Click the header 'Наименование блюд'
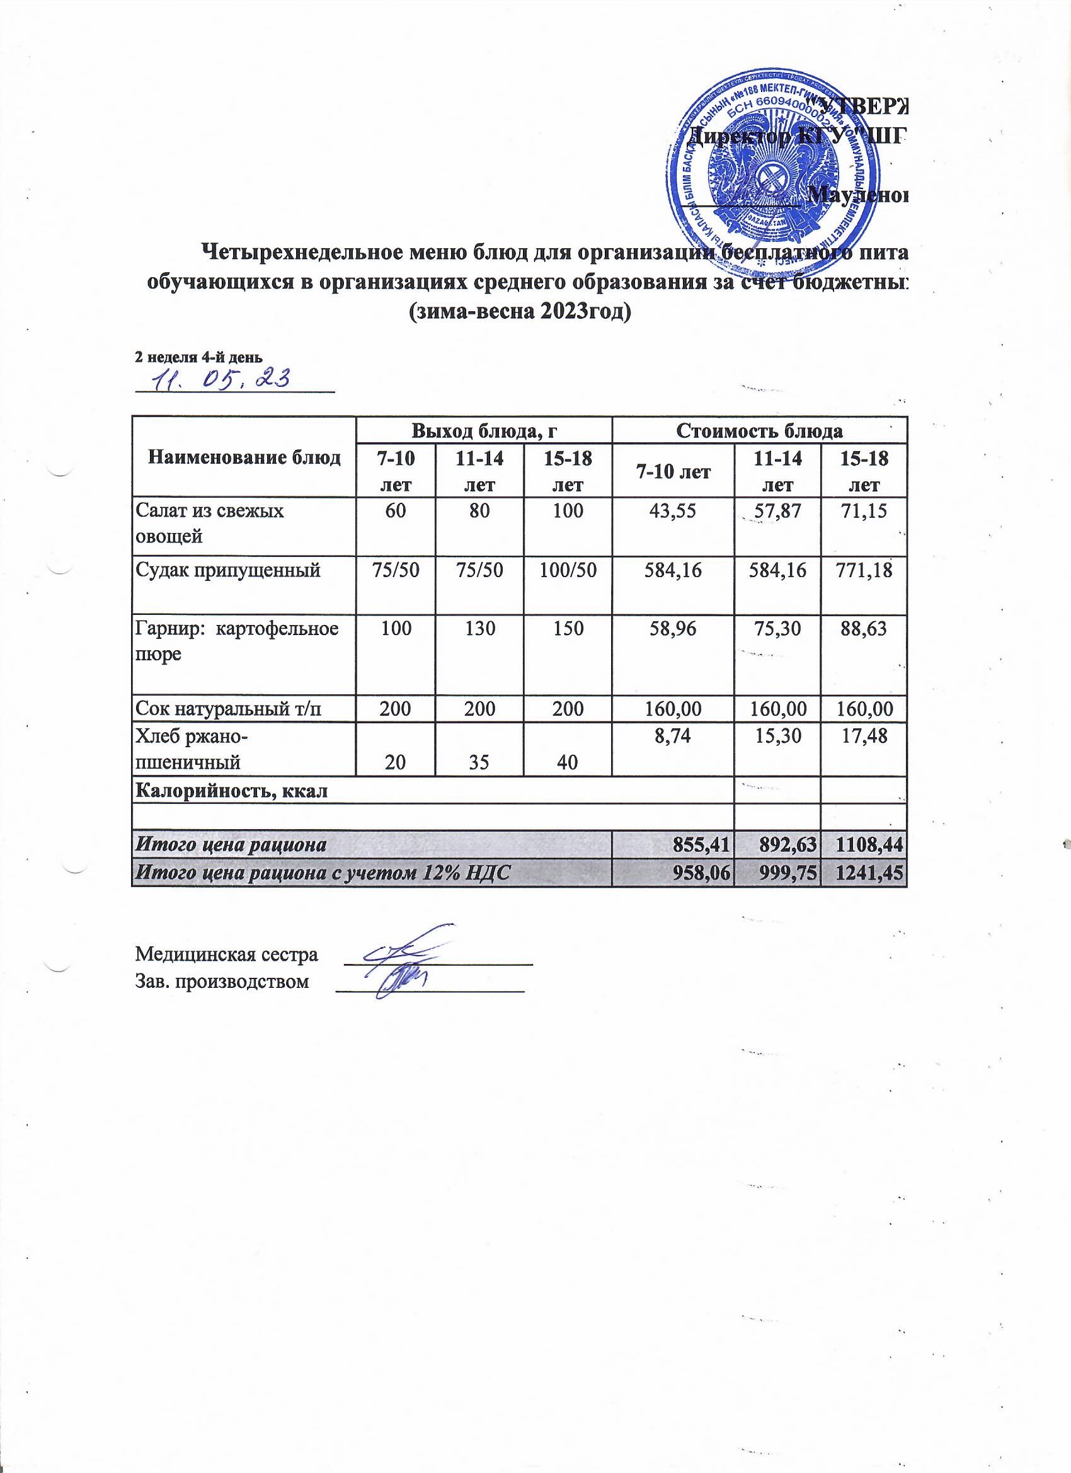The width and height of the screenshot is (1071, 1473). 244,458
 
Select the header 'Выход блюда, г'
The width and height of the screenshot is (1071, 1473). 484,430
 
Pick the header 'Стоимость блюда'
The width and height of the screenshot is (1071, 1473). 759,430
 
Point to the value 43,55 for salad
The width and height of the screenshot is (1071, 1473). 672,512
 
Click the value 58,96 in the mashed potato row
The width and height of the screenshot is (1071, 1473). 672,629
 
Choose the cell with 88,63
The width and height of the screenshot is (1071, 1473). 863,629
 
